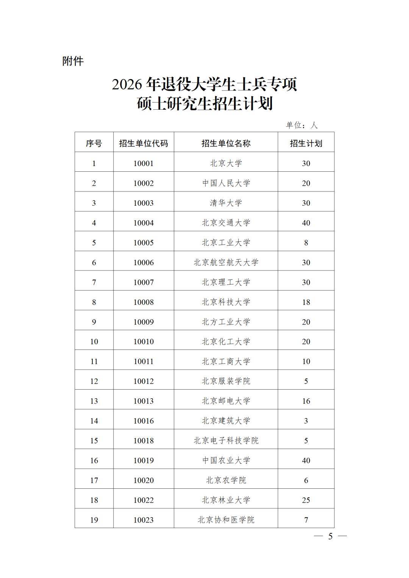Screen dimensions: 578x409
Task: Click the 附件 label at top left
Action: pyautogui.click(x=73, y=61)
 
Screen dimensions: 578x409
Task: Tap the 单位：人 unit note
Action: pyautogui.click(x=302, y=125)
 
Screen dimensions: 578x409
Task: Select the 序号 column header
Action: pyautogui.click(x=94, y=143)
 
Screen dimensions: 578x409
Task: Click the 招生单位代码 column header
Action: pyautogui.click(x=144, y=143)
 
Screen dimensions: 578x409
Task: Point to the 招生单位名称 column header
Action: pyautogui.click(x=226, y=143)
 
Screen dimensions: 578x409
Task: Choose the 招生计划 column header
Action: pyautogui.click(x=306, y=143)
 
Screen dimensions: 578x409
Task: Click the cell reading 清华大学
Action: pyautogui.click(x=226, y=203)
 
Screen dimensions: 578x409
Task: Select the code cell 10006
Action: pyautogui.click(x=144, y=263)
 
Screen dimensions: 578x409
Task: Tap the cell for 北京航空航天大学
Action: pyautogui.click(x=226, y=263)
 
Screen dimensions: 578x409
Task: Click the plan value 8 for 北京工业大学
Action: pyautogui.click(x=306, y=243)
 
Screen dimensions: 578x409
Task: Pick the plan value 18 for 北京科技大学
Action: pyautogui.click(x=306, y=302)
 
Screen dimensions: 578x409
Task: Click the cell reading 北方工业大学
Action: pyautogui.click(x=226, y=322)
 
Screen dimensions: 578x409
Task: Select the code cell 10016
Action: pyautogui.click(x=144, y=421)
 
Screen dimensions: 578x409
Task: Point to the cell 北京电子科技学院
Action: pyautogui.click(x=226, y=441)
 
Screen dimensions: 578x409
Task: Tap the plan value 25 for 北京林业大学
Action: pyautogui.click(x=306, y=500)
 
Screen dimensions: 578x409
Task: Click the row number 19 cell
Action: pyautogui.click(x=94, y=520)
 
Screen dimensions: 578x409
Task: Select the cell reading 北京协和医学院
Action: pyautogui.click(x=226, y=520)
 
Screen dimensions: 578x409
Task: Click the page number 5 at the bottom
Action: pyautogui.click(x=330, y=536)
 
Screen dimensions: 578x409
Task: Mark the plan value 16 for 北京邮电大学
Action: pyautogui.click(x=306, y=401)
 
